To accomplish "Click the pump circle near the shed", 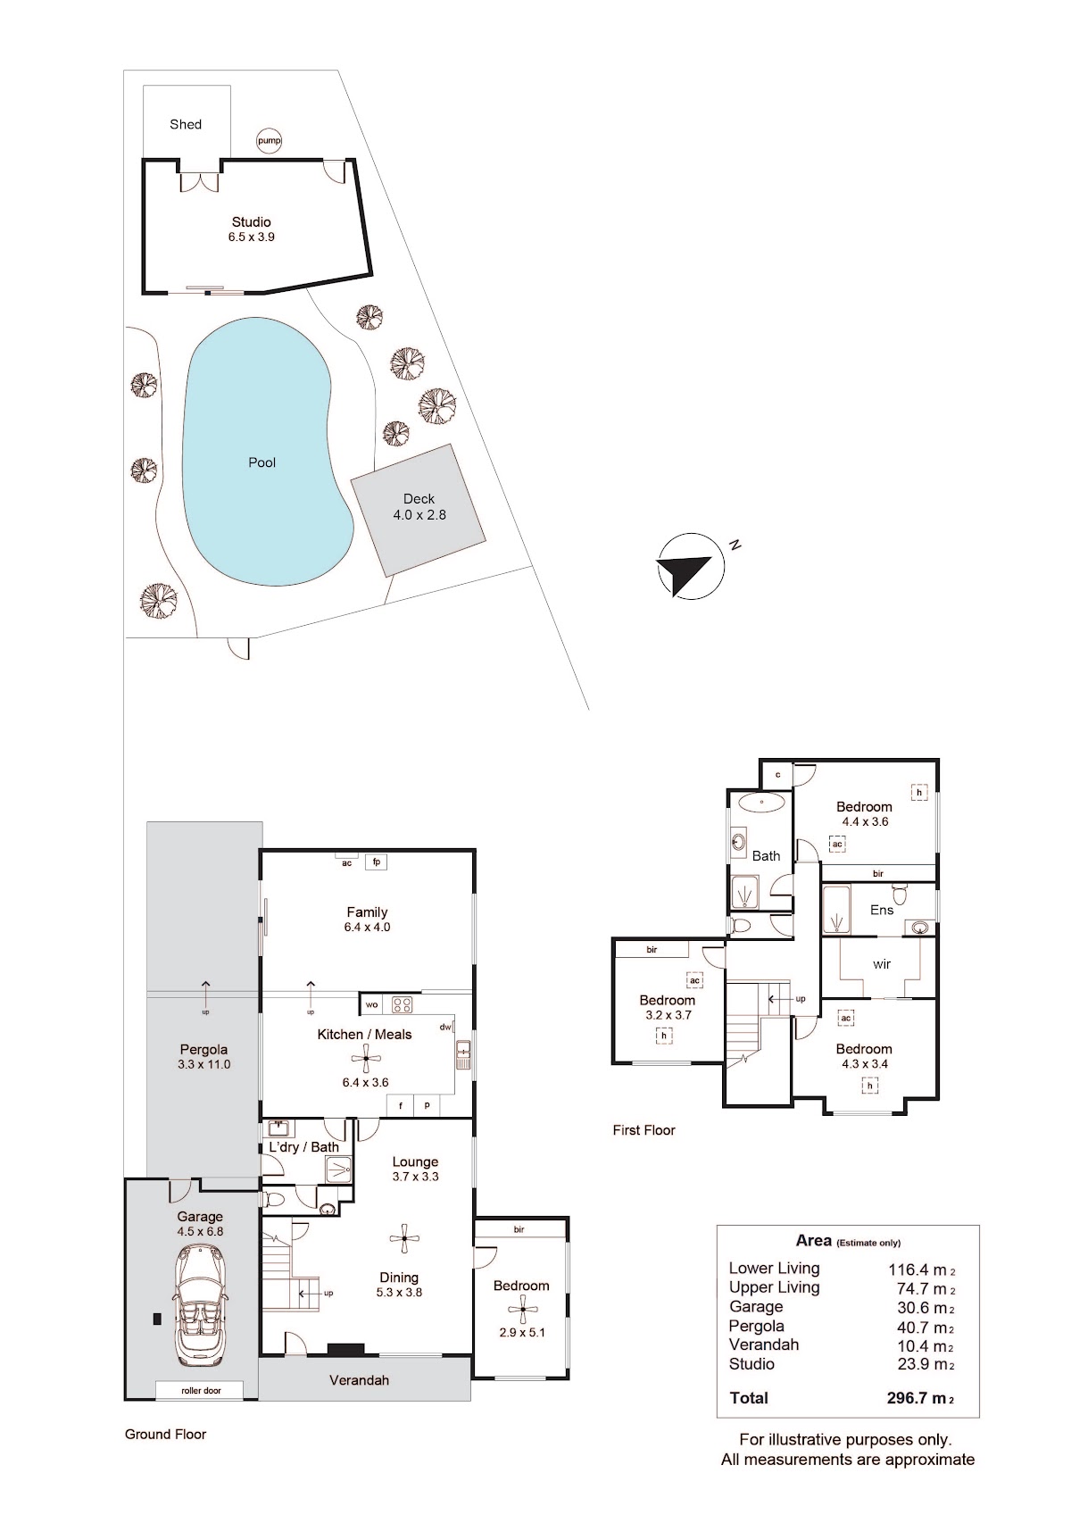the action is (270, 141).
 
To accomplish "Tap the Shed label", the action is (186, 124).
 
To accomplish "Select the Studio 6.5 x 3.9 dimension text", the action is (251, 237).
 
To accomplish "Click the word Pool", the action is (262, 462).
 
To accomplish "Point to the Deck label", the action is (419, 498).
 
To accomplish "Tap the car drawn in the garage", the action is (200, 1307).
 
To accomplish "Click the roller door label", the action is (201, 1391).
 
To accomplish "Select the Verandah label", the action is (359, 1380).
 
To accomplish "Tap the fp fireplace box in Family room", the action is (377, 862).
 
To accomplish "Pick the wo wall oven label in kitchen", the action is (372, 1004).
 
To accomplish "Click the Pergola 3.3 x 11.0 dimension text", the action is (203, 1064).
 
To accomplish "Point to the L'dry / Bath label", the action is (303, 1147).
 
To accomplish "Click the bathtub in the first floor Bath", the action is (761, 803).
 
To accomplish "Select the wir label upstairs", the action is (882, 964).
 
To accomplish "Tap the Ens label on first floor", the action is (882, 911).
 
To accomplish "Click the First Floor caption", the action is (643, 1130).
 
